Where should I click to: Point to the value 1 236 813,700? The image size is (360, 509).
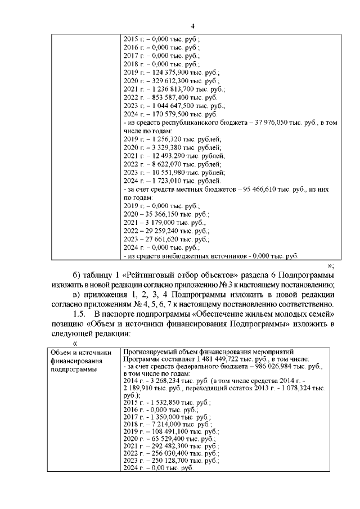coord(163,89)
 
